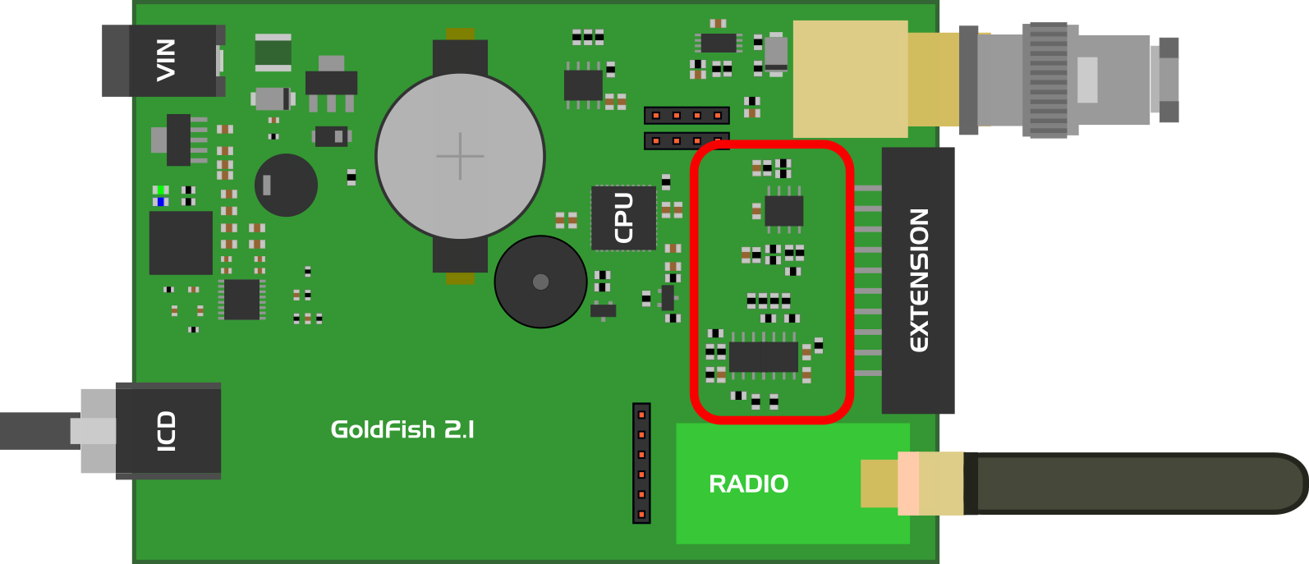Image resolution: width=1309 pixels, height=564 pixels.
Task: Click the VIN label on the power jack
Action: [x=166, y=60]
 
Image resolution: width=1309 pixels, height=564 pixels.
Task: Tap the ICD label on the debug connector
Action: [x=167, y=431]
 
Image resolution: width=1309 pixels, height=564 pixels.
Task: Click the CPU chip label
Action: [x=624, y=218]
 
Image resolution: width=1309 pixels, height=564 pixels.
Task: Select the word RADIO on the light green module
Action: [x=748, y=484]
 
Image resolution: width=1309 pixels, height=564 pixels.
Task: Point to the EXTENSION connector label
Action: [x=919, y=280]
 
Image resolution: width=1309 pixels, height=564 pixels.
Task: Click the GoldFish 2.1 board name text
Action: [x=402, y=429]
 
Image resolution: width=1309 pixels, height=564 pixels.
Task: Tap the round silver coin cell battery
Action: [x=460, y=156]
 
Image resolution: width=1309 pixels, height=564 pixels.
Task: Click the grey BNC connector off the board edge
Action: [x=1068, y=80]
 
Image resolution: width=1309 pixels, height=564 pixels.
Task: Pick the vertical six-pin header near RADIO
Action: [x=641, y=464]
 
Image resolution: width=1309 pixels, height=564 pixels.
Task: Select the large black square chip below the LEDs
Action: [x=181, y=243]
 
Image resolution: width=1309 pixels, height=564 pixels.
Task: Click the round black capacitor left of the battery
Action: [x=286, y=185]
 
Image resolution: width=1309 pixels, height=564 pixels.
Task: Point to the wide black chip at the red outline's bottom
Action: [x=763, y=357]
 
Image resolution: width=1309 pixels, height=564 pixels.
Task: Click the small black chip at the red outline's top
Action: [x=783, y=211]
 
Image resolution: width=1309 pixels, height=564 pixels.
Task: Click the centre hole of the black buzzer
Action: [x=540, y=282]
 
